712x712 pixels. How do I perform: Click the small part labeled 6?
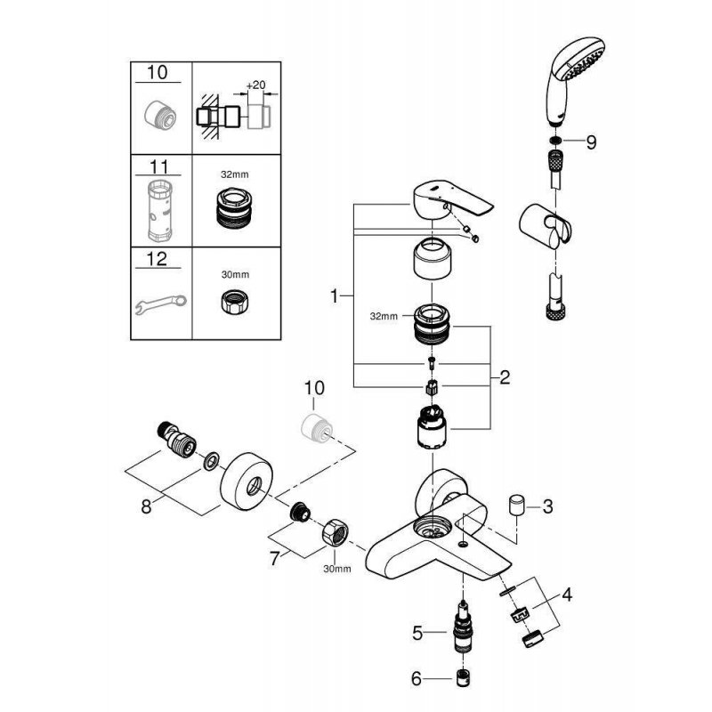(463, 681)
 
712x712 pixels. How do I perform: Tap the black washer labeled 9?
(554, 142)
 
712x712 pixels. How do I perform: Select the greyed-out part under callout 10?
(315, 423)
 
